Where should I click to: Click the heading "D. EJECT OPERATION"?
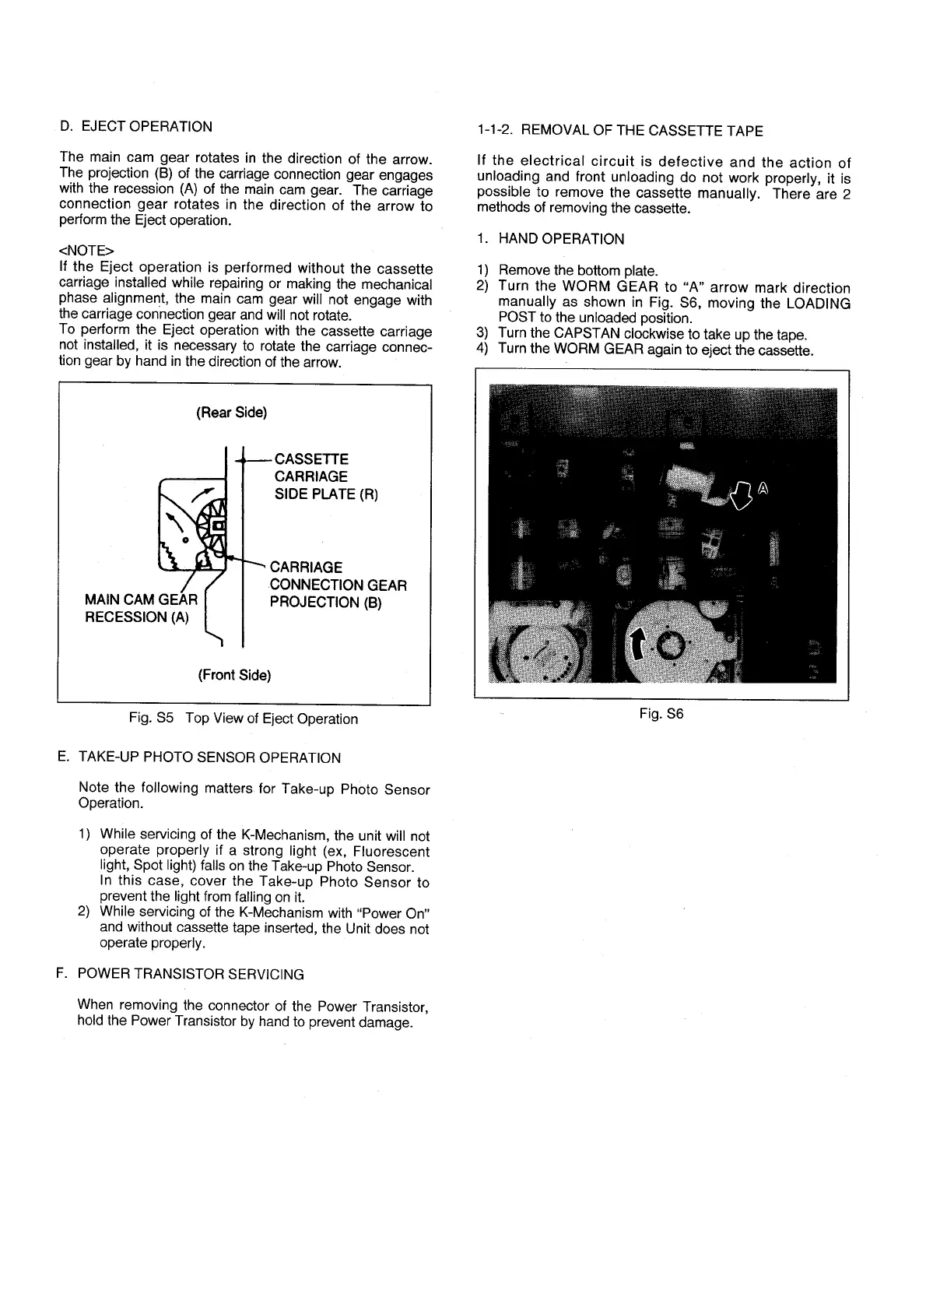(135, 127)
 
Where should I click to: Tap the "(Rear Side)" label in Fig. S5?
(232, 413)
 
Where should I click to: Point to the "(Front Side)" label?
(234, 675)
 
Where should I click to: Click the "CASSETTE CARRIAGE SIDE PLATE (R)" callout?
(325, 476)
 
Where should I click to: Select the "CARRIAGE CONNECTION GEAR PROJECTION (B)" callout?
(338, 585)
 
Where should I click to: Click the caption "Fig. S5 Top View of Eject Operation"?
(244, 719)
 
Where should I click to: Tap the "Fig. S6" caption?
(661, 713)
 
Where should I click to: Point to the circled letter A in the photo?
(763, 489)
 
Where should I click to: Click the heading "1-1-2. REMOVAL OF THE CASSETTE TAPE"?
(619, 131)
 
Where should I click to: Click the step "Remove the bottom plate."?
(578, 271)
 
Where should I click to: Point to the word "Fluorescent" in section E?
(391, 851)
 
